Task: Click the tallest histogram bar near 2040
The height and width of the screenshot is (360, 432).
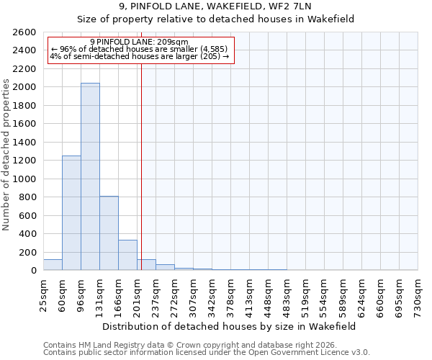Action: tap(90, 176)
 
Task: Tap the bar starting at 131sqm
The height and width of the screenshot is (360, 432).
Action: tap(109, 233)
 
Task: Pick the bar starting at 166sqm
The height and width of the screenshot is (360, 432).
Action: tap(127, 255)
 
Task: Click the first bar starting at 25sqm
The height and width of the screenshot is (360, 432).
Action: tap(53, 265)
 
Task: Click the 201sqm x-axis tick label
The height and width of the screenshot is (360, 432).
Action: tap(138, 294)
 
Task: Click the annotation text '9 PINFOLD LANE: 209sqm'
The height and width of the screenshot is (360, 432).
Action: tap(140, 42)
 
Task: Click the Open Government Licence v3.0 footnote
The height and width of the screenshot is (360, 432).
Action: tap(207, 353)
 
